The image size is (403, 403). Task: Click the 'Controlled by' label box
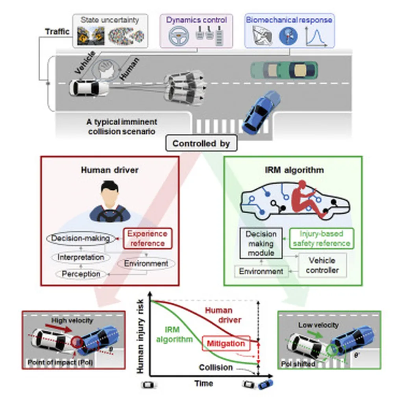click(x=201, y=144)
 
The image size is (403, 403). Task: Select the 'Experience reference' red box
click(x=148, y=238)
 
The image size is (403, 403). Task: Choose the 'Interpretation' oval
click(x=81, y=257)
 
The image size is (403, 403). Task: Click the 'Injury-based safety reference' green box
click(x=321, y=238)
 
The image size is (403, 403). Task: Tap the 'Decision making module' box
click(x=261, y=243)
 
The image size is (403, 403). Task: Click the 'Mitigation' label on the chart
click(x=226, y=344)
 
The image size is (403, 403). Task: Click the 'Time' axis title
click(x=203, y=383)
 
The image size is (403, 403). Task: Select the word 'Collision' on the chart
click(x=216, y=367)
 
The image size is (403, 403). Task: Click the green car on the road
click(x=284, y=70)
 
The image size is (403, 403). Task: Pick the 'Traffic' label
click(x=57, y=31)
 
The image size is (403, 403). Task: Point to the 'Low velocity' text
click(x=318, y=325)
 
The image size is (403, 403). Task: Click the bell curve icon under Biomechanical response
click(x=318, y=37)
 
